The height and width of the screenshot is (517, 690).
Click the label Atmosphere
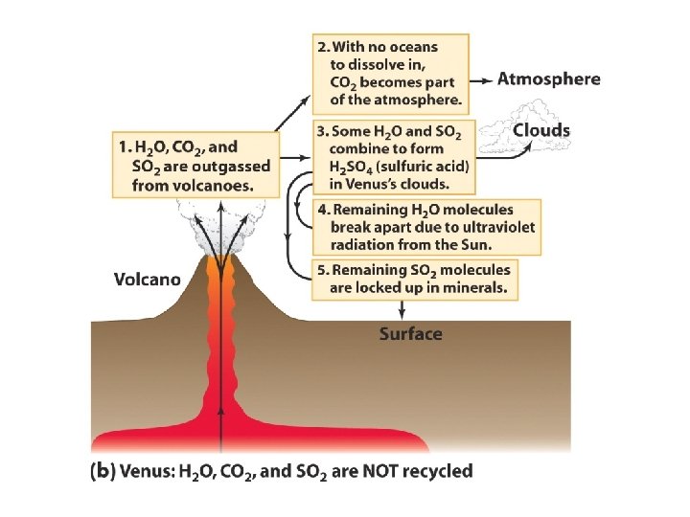(548, 79)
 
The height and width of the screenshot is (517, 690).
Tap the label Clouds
(541, 130)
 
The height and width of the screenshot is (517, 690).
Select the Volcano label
(148, 280)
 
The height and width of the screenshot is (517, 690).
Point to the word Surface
(410, 334)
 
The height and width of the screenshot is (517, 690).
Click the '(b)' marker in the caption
(103, 471)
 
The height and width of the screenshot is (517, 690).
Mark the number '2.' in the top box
(323, 46)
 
